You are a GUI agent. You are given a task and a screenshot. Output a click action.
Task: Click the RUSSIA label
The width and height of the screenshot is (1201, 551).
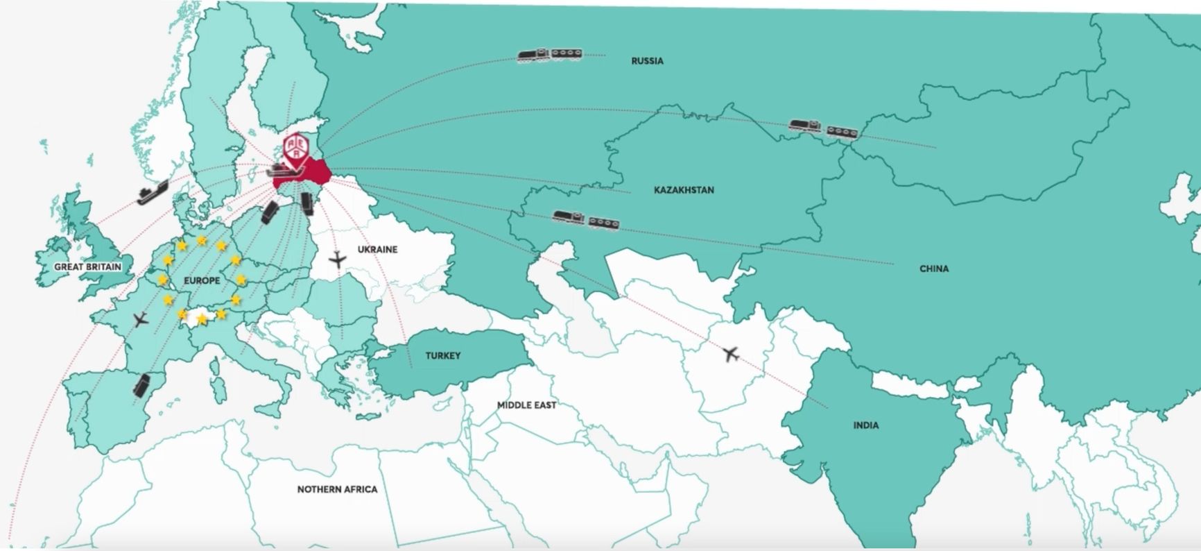pyautogui.click(x=647, y=61)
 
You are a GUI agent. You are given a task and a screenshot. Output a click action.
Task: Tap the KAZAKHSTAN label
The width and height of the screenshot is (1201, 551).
pyautogui.click(x=683, y=189)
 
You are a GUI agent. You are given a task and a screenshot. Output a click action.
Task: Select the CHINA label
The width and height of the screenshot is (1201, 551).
pyautogui.click(x=933, y=269)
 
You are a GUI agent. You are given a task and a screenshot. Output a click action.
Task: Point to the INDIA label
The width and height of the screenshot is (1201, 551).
pyautogui.click(x=865, y=425)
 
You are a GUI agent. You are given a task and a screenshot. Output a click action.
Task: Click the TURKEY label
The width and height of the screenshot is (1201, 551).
pyautogui.click(x=443, y=355)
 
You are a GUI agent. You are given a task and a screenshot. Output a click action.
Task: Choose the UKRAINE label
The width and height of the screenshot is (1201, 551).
pyautogui.click(x=377, y=249)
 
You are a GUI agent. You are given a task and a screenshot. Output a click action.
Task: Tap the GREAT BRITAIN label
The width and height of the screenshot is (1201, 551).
pyautogui.click(x=87, y=266)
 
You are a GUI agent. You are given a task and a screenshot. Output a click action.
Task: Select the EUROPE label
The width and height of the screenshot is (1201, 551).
pyautogui.click(x=202, y=280)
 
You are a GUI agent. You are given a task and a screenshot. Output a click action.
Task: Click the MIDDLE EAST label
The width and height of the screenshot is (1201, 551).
pyautogui.click(x=526, y=405)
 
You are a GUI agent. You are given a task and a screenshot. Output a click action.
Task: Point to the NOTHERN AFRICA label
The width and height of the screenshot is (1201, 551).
pyautogui.click(x=337, y=489)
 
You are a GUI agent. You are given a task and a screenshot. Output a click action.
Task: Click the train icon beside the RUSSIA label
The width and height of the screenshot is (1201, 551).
pyautogui.click(x=549, y=55)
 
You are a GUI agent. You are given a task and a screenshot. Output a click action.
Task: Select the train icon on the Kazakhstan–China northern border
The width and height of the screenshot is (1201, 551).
pyautogui.click(x=823, y=128)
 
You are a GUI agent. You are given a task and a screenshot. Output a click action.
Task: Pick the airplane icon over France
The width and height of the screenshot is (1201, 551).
pyautogui.click(x=141, y=320)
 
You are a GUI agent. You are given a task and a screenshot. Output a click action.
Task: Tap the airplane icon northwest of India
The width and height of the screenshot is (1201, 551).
pyautogui.click(x=730, y=355)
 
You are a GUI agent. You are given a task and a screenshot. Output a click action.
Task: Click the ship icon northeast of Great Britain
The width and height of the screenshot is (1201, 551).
pyautogui.click(x=153, y=192)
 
